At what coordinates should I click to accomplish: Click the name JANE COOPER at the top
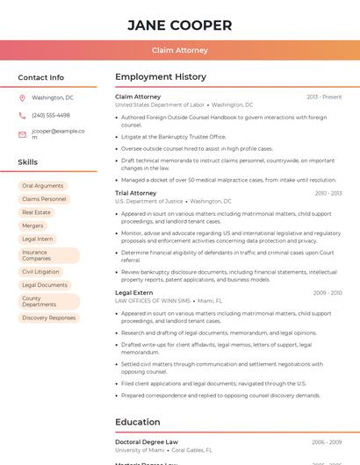click(180, 25)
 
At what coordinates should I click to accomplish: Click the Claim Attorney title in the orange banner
click(180, 50)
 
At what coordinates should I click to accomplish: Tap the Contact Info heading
click(41, 77)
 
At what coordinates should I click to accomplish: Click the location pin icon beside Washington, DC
click(22, 97)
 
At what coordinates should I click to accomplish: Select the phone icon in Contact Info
click(22, 115)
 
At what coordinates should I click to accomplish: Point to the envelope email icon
click(22, 134)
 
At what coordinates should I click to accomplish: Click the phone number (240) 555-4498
click(51, 115)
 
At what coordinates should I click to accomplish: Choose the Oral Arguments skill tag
click(42, 186)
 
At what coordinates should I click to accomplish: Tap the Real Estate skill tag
click(36, 212)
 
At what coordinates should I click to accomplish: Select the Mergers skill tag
click(32, 225)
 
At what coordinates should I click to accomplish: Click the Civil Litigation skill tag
click(40, 272)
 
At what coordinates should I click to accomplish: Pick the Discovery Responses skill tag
click(48, 318)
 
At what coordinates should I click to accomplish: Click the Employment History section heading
click(161, 77)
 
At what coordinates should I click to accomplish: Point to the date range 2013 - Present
click(324, 97)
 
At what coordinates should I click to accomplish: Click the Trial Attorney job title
click(135, 193)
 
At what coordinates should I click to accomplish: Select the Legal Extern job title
click(133, 292)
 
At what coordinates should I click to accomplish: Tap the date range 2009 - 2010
click(327, 293)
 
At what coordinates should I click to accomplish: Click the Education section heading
click(138, 422)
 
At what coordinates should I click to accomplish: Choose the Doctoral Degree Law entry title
click(147, 442)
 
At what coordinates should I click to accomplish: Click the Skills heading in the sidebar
click(28, 162)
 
